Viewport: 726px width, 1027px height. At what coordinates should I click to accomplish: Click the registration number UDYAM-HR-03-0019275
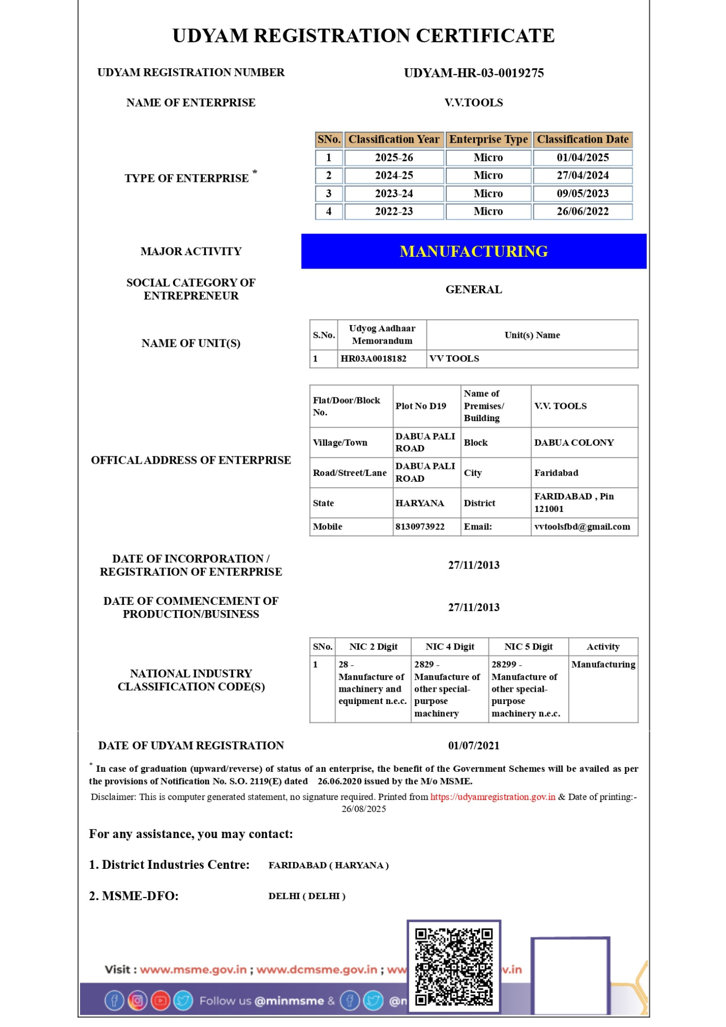[x=473, y=73]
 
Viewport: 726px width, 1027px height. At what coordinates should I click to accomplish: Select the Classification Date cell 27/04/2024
[x=583, y=176]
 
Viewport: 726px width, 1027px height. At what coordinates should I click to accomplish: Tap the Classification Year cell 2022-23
[x=394, y=212]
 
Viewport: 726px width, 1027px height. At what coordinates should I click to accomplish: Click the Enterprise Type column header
[x=488, y=140]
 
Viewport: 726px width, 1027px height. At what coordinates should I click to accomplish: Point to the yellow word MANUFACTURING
[x=473, y=251]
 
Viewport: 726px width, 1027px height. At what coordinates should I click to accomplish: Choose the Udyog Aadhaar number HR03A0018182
[x=373, y=358]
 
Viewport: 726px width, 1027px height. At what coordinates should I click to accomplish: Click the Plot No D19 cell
[x=421, y=406]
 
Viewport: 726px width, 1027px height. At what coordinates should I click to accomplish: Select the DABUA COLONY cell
[x=574, y=443]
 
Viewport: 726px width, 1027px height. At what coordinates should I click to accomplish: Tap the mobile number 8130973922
[x=420, y=527]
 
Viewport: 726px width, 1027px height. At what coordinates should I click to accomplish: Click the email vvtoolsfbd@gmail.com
[x=582, y=527]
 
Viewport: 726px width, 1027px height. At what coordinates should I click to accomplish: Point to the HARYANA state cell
[x=419, y=503]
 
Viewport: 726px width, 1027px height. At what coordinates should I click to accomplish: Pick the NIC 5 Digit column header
[x=528, y=647]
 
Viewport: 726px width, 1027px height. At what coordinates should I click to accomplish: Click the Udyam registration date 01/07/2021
[x=473, y=746]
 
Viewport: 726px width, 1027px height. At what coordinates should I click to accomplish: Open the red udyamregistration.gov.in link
[x=492, y=797]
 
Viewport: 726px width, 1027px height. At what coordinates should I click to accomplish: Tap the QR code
[x=454, y=966]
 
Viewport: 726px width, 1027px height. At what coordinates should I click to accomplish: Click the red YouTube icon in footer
[x=160, y=1000]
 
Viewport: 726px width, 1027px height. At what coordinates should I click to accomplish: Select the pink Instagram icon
[x=137, y=1000]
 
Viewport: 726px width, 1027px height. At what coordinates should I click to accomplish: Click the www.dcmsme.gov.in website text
[x=317, y=969]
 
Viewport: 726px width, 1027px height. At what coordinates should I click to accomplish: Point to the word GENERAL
[x=473, y=290]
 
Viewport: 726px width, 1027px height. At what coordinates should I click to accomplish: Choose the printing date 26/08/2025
[x=364, y=809]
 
